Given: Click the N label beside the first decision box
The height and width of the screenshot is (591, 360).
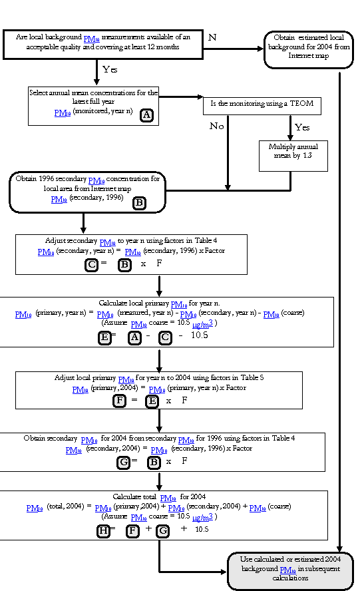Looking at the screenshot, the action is click(x=212, y=37).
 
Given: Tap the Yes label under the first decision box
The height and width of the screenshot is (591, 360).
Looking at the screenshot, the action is click(x=110, y=69).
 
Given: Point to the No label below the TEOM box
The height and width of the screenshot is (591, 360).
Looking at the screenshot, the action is click(x=217, y=126).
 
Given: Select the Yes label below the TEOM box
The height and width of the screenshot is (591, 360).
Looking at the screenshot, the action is click(x=302, y=127).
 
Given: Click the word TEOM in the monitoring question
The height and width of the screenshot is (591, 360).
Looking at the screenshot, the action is click(x=301, y=103).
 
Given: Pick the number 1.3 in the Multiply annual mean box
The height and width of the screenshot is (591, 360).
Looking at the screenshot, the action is click(x=307, y=155).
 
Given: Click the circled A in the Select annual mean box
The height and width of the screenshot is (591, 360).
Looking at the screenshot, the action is click(x=146, y=115).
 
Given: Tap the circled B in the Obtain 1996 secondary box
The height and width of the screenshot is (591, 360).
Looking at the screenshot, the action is click(x=139, y=203).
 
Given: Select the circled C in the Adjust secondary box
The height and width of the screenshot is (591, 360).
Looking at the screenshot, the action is click(x=91, y=265).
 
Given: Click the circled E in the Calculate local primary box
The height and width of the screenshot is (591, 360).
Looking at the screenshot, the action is click(x=104, y=337).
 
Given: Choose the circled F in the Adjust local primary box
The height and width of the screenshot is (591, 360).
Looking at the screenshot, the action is click(x=120, y=400).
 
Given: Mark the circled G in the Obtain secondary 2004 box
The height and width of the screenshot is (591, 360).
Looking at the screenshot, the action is click(x=123, y=463).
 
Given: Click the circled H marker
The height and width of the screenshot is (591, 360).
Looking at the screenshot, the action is click(x=103, y=531).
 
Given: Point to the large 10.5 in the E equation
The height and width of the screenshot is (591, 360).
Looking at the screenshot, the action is click(x=200, y=335).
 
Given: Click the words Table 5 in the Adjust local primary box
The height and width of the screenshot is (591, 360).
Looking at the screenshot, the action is click(x=252, y=377).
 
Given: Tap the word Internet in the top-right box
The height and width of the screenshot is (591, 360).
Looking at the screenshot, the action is click(x=299, y=55).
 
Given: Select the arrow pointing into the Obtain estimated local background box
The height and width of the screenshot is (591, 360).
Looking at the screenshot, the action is click(x=234, y=49).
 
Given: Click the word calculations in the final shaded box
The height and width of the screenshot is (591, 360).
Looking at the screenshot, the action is click(x=290, y=578).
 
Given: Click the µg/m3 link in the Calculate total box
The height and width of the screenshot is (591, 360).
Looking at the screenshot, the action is click(x=203, y=517).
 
